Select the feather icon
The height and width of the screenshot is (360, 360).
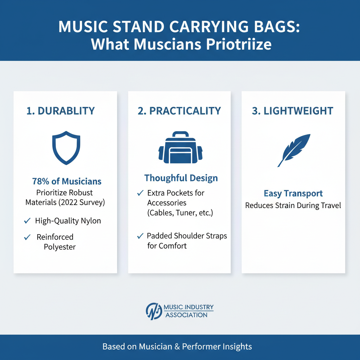295,150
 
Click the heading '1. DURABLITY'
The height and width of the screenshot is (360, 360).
61,111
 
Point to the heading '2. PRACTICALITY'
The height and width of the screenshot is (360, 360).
180,111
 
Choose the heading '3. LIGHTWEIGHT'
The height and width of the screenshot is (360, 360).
293,111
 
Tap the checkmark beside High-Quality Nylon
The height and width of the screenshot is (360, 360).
27,221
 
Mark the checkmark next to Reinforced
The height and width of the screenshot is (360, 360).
27,237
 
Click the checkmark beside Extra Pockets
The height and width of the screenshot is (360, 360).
140,193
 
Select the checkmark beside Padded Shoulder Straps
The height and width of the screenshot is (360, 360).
140,236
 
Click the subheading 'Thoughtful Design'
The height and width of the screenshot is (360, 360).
181,178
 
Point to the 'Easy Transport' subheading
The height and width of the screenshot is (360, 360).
293,194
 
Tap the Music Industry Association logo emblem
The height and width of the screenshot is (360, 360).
154,311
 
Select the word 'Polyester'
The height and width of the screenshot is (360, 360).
60,247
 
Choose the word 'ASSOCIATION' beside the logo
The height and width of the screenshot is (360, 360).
186,315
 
